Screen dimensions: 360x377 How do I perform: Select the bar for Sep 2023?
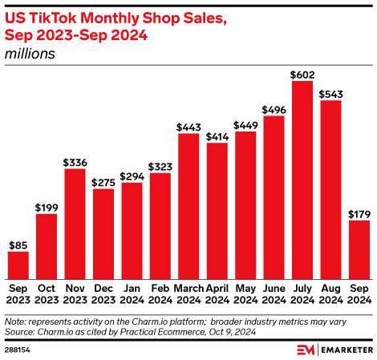(x=18, y=264)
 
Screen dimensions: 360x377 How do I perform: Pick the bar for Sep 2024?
(x=359, y=249)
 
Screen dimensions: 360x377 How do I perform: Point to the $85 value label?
(x=18, y=245)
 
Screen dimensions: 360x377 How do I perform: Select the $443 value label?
(x=188, y=127)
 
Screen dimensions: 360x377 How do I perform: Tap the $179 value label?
(x=359, y=214)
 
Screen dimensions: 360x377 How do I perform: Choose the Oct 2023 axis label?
(x=47, y=293)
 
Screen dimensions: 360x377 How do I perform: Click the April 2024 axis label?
(x=217, y=293)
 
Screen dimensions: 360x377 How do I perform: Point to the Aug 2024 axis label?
(x=330, y=293)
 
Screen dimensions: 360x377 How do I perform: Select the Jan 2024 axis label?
(x=132, y=293)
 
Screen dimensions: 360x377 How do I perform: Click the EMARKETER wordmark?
(x=345, y=350)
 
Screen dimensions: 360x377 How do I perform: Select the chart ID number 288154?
(x=18, y=350)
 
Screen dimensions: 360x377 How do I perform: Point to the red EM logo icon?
(x=306, y=350)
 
